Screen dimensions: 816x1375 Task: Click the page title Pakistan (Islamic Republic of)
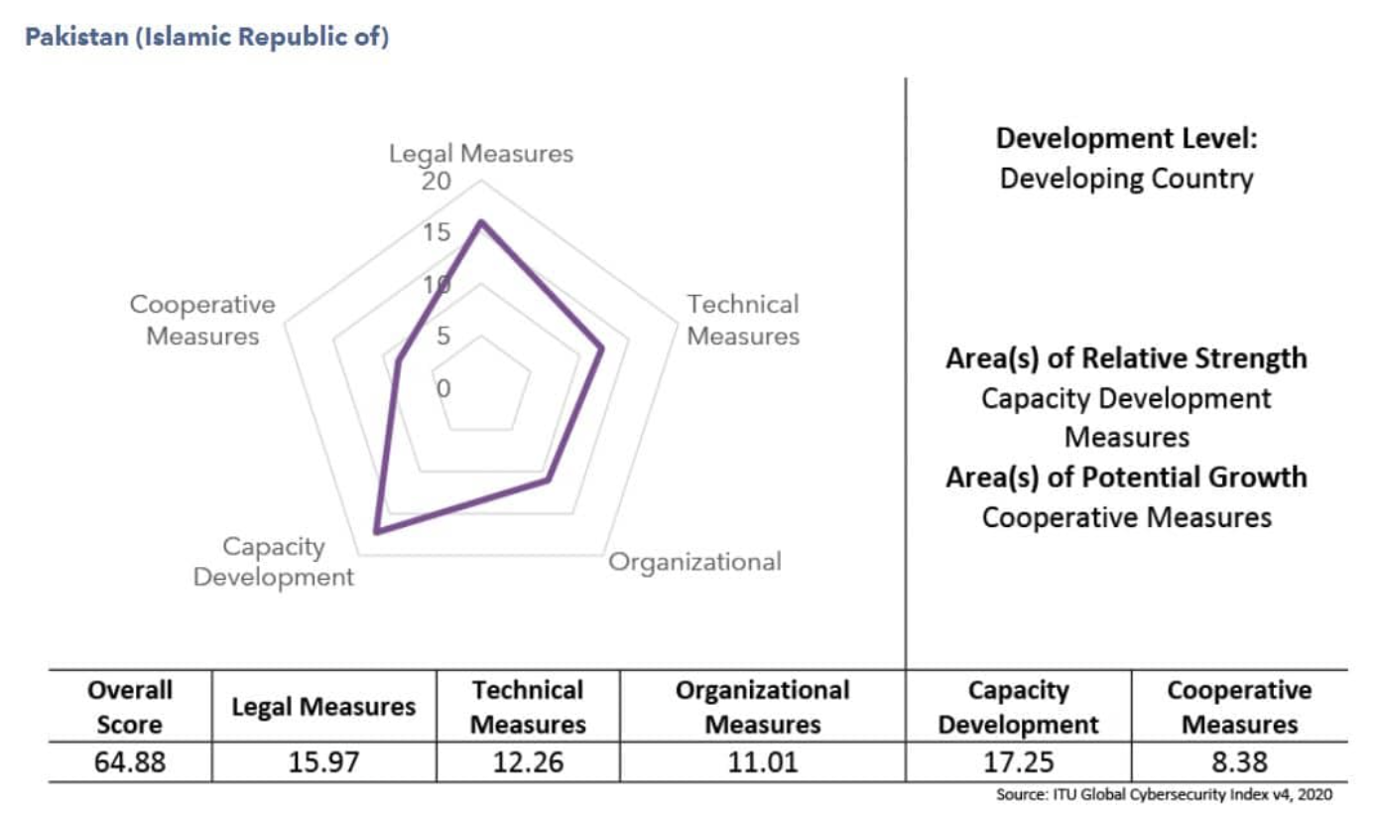206,39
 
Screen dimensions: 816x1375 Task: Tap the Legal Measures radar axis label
480,154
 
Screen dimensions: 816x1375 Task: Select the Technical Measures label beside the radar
743,320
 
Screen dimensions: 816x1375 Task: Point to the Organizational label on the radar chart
694,562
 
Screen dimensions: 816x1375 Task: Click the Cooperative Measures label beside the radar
202,320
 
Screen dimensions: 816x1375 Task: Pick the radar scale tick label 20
435,182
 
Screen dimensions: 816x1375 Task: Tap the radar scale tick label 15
435,233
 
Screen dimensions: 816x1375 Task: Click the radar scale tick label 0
443,388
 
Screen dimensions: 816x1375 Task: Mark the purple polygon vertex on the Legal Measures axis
481,222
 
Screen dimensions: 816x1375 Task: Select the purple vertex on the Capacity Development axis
375,533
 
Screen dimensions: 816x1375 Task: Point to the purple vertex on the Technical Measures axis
601,348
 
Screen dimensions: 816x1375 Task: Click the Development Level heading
1126,138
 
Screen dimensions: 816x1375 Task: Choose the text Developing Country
1126,180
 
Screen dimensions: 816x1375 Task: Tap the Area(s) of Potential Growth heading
1126,477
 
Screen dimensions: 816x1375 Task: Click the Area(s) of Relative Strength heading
1126,358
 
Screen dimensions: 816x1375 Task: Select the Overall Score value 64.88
130,762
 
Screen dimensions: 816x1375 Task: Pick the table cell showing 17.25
1018,762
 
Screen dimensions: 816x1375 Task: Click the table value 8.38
1238,762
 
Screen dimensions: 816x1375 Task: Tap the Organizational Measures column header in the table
762,707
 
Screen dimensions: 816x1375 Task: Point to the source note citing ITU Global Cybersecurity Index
1165,795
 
